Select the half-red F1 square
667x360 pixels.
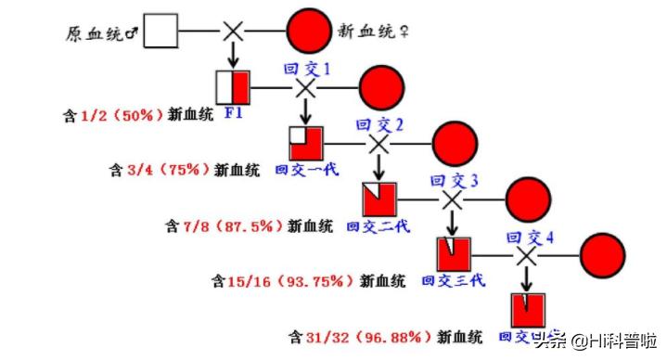click(x=233, y=87)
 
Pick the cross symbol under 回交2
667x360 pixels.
click(x=378, y=144)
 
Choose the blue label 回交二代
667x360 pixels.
click(x=380, y=225)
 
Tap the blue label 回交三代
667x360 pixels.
click(x=453, y=278)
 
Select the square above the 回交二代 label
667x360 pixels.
click(x=379, y=199)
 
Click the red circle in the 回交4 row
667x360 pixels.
click(x=599, y=252)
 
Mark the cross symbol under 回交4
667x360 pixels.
click(x=527, y=253)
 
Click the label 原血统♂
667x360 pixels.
click(x=103, y=33)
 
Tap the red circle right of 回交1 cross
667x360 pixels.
click(x=381, y=87)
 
